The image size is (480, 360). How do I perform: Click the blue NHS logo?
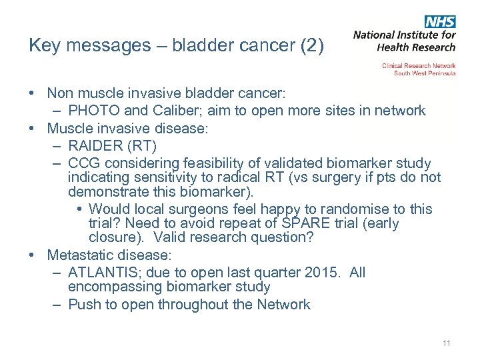tap(440, 21)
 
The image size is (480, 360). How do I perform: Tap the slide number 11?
tap(446, 343)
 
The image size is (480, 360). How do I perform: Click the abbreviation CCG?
tap(84, 163)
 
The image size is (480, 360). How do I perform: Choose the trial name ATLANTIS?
tap(102, 273)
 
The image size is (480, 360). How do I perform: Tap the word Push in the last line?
tap(83, 305)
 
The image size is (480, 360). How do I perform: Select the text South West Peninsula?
tap(425, 73)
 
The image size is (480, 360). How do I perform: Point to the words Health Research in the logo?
tap(416, 47)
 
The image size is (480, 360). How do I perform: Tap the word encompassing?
tap(113, 287)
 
